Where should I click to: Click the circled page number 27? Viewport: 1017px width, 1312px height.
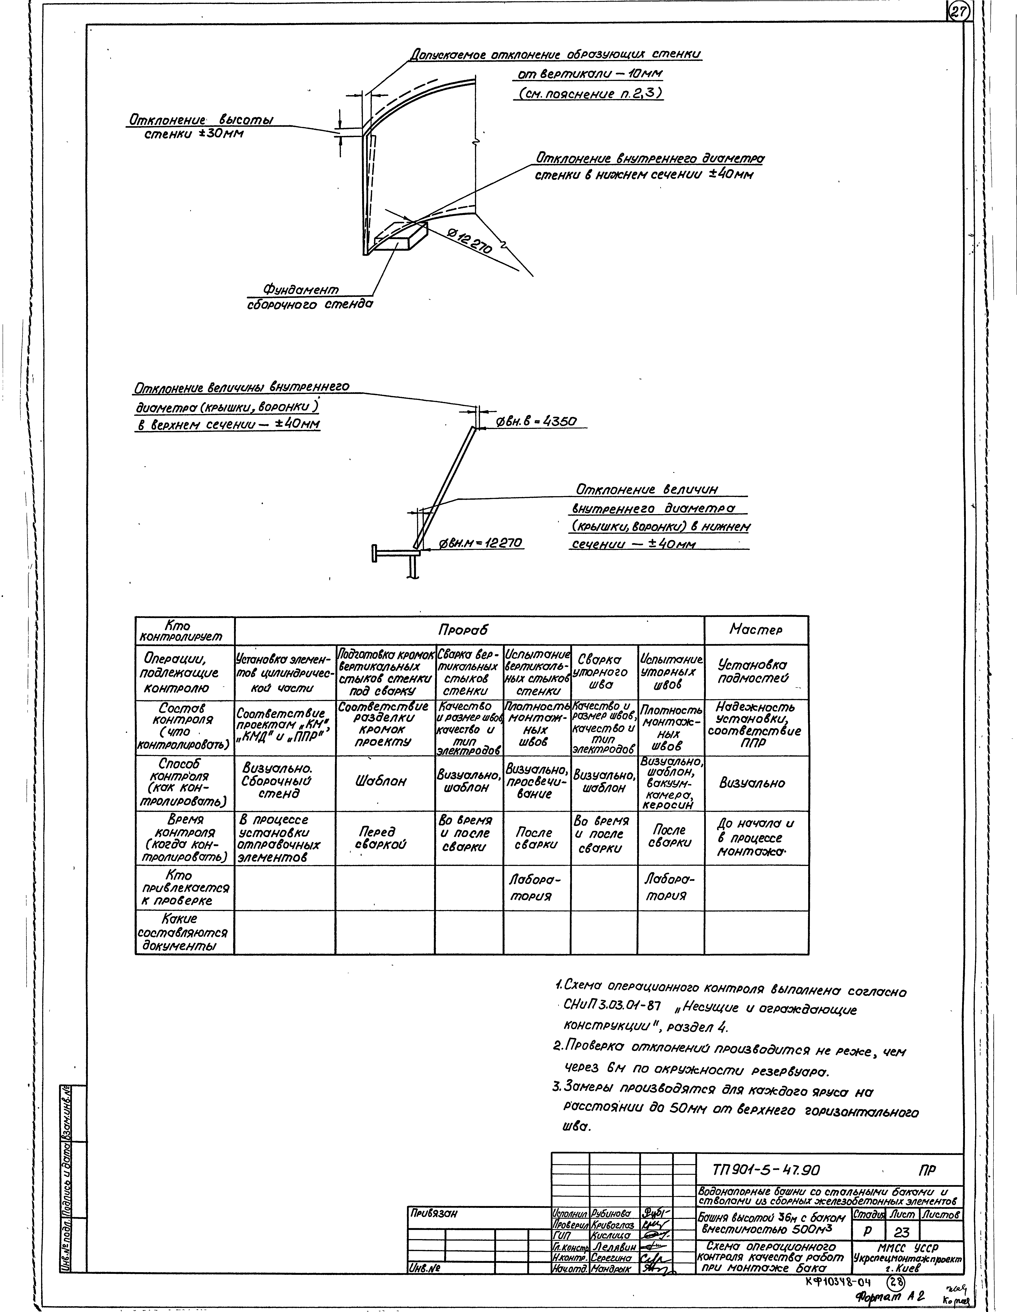959,12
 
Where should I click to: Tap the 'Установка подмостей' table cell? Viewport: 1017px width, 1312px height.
755,672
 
